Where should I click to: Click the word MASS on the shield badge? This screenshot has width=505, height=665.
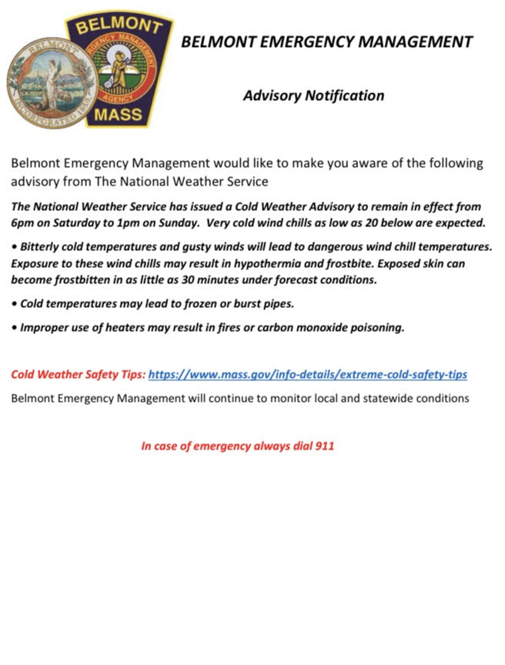click(117, 115)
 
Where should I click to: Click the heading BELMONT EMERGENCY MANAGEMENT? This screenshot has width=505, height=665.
click(326, 42)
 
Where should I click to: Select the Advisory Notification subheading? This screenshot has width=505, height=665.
click(313, 96)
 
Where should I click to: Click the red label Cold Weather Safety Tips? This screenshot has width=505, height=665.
click(78, 375)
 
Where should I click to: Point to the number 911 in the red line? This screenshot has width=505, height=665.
click(325, 446)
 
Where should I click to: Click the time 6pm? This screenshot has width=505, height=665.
click(24, 223)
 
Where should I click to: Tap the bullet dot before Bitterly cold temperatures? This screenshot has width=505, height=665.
click(15, 247)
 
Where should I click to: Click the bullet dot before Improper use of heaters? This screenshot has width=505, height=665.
click(15, 328)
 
